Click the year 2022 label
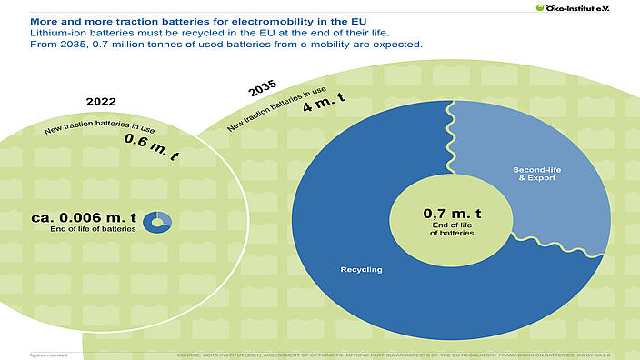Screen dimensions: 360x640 point(101,102)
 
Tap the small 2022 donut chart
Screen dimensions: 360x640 point(160,220)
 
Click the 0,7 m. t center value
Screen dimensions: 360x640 point(452,214)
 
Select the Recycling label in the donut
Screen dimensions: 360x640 point(361,270)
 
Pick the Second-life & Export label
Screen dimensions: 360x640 point(535,173)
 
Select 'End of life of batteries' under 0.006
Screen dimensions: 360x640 point(95,229)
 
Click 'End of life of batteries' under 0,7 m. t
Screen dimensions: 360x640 point(452,229)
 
